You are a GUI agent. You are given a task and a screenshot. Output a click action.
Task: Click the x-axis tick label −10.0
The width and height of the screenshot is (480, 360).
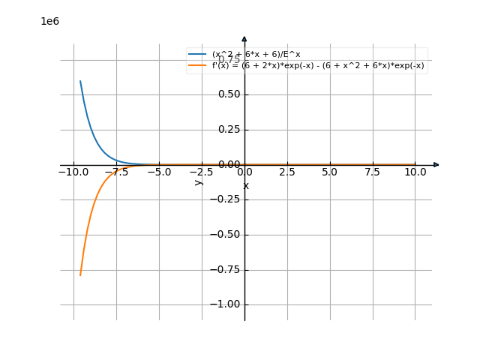tap(73, 172)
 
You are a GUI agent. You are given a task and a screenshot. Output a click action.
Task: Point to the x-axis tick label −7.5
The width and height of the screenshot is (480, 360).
tap(115, 172)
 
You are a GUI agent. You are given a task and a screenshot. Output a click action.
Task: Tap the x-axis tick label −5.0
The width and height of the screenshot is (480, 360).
tap(158, 172)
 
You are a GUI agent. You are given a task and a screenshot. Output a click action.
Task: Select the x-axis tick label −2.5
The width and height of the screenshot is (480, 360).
tap(201, 172)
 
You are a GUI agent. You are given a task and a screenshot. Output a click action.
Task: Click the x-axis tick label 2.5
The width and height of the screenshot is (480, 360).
tap(286, 172)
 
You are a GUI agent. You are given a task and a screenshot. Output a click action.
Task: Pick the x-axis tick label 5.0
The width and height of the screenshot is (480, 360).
tap(329, 172)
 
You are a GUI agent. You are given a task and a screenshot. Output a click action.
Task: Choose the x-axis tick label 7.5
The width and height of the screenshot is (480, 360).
tap(372, 172)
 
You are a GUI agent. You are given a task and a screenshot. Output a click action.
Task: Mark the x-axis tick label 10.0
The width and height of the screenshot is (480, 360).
tap(415, 172)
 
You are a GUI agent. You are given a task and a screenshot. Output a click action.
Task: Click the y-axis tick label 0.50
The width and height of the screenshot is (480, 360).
tap(229, 94)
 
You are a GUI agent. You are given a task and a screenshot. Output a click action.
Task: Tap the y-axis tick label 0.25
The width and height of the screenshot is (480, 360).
tap(229, 130)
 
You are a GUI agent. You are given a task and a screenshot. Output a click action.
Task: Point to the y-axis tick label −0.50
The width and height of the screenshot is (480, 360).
tap(226, 235)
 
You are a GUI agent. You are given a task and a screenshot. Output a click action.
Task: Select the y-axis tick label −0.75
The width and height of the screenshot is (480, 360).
tap(226, 269)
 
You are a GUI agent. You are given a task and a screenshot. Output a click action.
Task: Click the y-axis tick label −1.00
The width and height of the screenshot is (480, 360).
tap(226, 304)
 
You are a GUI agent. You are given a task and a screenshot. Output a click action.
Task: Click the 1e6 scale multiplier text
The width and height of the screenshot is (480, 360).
tap(49, 22)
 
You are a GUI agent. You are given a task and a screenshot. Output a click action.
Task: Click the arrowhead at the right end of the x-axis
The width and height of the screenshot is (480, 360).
tap(436, 165)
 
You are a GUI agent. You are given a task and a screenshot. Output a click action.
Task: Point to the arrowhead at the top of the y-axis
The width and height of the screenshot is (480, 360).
tap(244, 38)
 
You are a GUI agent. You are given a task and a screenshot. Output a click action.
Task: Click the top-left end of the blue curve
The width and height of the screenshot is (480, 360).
tap(80, 81)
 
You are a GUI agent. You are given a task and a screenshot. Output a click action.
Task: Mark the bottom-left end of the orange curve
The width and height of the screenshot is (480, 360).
tap(80, 275)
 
